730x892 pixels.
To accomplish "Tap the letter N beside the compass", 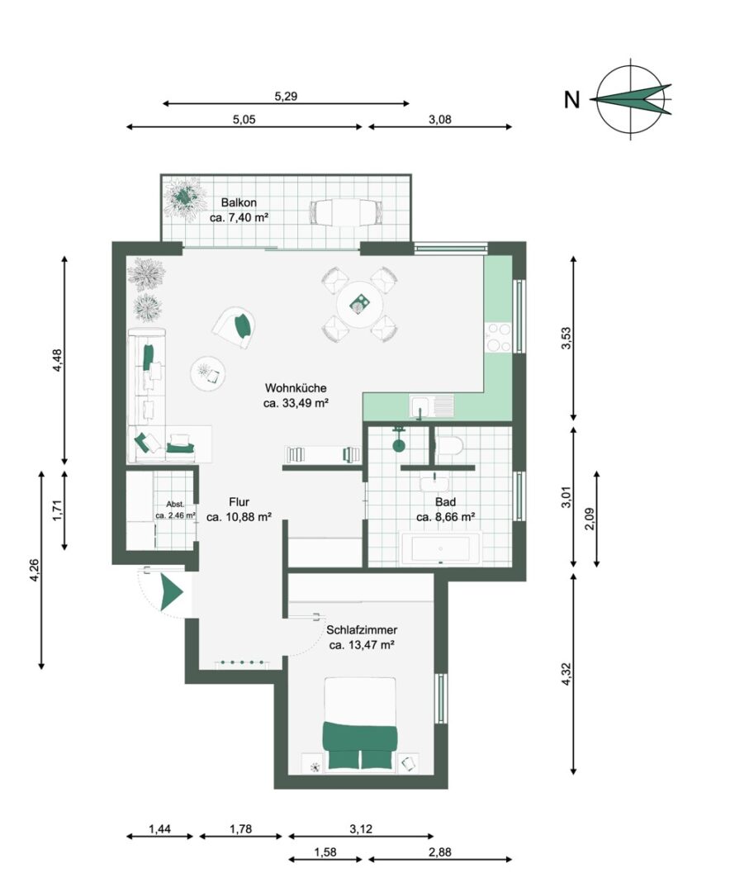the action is coord(571,100).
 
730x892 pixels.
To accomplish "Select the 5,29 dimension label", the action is coord(286,96).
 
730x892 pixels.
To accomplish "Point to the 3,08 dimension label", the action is coord(440,120).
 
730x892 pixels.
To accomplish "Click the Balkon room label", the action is coord(239,202).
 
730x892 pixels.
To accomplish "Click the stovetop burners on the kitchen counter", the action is coord(498,337).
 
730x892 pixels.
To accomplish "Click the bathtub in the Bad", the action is coord(441,548).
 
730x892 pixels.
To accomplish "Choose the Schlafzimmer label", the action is coord(362,630).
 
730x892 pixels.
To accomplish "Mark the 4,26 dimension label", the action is coord(36,571).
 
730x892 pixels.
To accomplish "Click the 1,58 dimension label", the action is coord(325,852).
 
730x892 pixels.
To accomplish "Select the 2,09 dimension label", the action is coord(590,518).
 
